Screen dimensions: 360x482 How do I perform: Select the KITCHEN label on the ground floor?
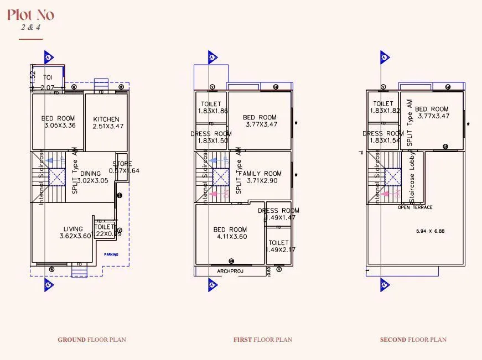[x=106, y=119]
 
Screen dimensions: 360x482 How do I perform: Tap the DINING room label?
[x=90, y=174]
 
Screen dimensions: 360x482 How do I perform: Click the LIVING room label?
[x=73, y=229]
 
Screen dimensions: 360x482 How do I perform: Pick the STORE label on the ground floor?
[x=122, y=164]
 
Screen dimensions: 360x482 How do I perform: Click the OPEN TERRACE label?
[x=415, y=207]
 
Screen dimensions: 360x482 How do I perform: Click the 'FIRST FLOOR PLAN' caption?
[x=263, y=340]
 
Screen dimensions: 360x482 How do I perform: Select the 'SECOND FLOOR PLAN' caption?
[x=413, y=340]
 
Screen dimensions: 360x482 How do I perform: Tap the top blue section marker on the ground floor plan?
[x=48, y=58]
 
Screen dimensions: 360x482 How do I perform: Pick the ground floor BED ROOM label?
[x=58, y=118]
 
